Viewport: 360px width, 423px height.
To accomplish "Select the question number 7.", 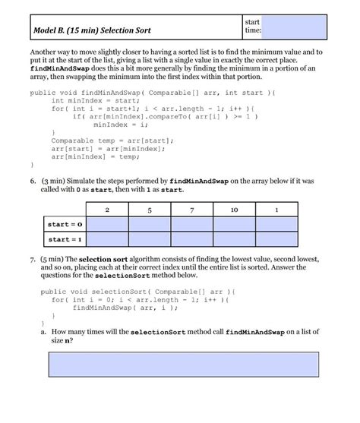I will point(33,259).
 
